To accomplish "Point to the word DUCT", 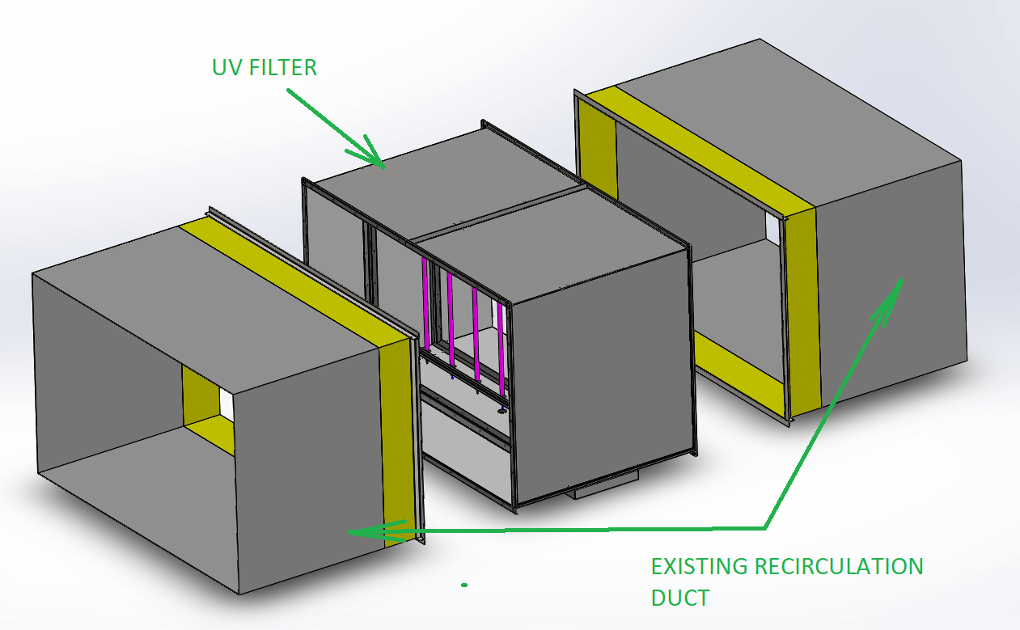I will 680,598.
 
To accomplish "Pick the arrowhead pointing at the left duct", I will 360,531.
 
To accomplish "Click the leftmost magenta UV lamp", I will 425,307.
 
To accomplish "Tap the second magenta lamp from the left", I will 450,319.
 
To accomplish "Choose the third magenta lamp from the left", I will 476,332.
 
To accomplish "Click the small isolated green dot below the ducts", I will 463,584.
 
